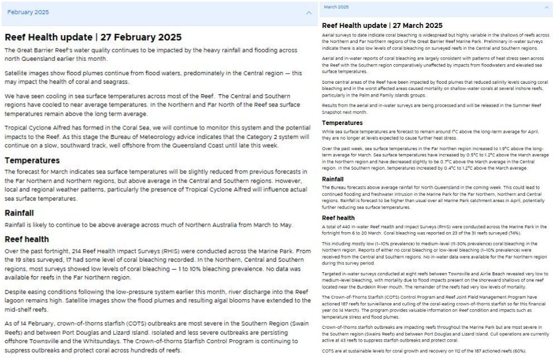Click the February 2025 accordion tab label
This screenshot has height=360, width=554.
28,12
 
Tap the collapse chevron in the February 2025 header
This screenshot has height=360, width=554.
309,12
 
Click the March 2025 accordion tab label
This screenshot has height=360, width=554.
336,7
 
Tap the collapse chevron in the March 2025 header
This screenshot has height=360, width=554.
547,7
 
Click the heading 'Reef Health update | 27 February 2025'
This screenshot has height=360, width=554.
93,37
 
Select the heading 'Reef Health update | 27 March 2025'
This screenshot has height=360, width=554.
382,26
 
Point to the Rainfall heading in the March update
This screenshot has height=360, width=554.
333,179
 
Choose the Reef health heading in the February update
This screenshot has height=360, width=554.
26,239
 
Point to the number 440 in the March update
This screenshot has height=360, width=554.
348,227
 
